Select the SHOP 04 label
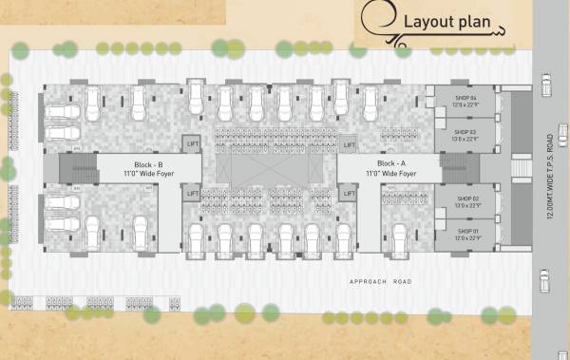[465, 98]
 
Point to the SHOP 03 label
[465, 132]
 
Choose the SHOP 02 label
[465, 198]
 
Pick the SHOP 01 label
[465, 231]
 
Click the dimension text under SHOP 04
[465, 105]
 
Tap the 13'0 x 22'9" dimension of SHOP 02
[465, 205]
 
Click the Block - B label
[148, 164]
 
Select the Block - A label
[393, 164]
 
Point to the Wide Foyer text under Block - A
[393, 174]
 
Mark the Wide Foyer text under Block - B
[148, 174]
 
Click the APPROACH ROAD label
[381, 283]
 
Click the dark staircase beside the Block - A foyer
[454, 169]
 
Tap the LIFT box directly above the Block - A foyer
[349, 144]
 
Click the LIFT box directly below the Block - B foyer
[193, 193]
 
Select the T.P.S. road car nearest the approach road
[545, 281]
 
